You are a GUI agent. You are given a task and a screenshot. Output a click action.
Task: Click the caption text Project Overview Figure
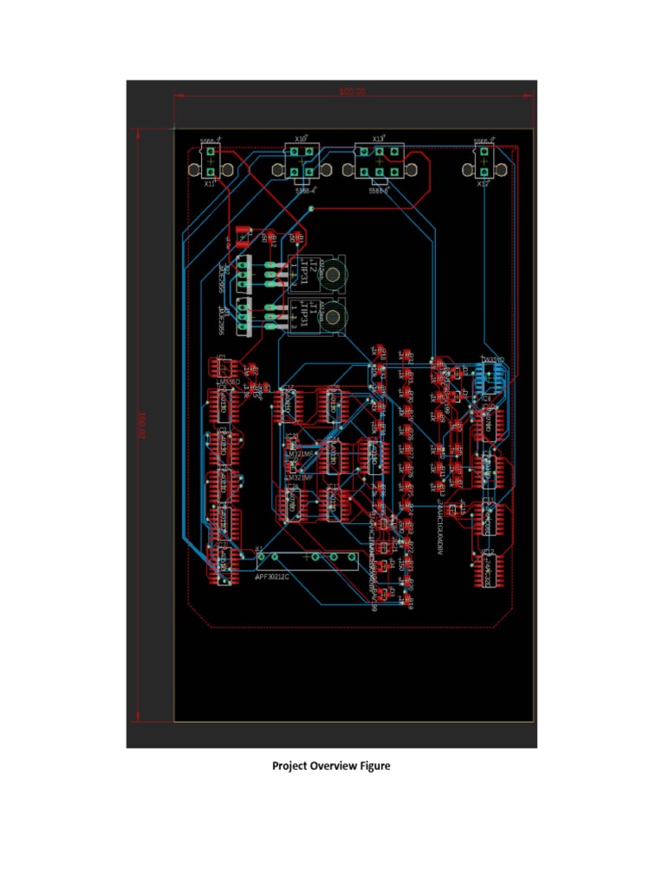point(331,766)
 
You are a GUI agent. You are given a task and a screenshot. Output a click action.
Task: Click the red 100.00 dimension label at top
point(351,92)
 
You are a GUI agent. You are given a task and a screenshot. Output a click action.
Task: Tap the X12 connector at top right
point(484,160)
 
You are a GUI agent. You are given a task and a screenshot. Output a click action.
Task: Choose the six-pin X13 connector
point(379,161)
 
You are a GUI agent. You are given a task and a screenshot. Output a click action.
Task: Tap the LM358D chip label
point(229,381)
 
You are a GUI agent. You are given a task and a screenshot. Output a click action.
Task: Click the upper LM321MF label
point(300,452)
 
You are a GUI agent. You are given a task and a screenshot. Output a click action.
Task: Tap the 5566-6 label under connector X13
point(378,191)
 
